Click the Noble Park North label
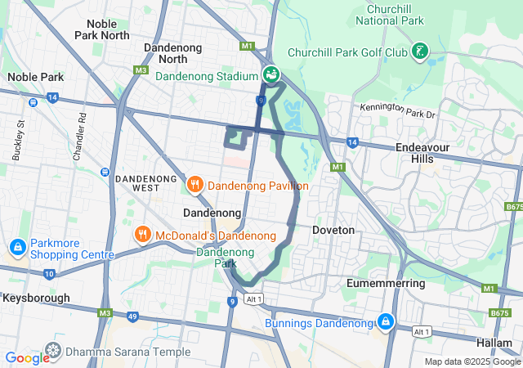tap(102, 29)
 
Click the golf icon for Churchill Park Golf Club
tap(419, 52)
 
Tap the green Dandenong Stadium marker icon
tap(272, 75)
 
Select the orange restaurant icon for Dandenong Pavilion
tap(194, 186)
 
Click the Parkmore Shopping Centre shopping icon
tap(17, 247)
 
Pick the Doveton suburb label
tap(333, 231)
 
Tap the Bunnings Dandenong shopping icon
tap(385, 322)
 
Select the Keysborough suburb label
tap(38, 298)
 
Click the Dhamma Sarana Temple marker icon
tap(54, 352)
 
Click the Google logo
tap(27, 358)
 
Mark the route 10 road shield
tap(50, 273)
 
